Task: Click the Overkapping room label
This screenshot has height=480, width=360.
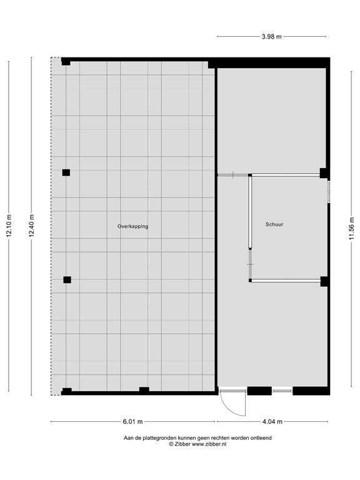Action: click(x=132, y=226)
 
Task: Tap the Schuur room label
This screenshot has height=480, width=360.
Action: click(x=274, y=224)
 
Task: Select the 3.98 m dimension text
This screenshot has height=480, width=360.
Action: click(x=271, y=36)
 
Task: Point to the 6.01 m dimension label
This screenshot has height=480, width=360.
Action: click(x=132, y=421)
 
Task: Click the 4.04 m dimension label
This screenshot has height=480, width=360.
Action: click(x=271, y=421)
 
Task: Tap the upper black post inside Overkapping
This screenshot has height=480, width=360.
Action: click(x=66, y=172)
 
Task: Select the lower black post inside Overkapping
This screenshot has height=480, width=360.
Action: click(x=67, y=279)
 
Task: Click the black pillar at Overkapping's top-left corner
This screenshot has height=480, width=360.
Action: click(x=66, y=61)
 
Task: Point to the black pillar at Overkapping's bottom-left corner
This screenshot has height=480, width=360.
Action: click(x=66, y=391)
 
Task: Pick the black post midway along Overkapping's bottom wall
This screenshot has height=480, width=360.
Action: click(x=144, y=390)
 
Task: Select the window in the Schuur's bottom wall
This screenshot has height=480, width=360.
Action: click(x=282, y=391)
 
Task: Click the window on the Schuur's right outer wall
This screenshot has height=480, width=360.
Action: click(x=328, y=191)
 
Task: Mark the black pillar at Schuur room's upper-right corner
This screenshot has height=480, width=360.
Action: click(x=324, y=173)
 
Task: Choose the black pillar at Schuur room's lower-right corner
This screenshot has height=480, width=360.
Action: click(x=324, y=281)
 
